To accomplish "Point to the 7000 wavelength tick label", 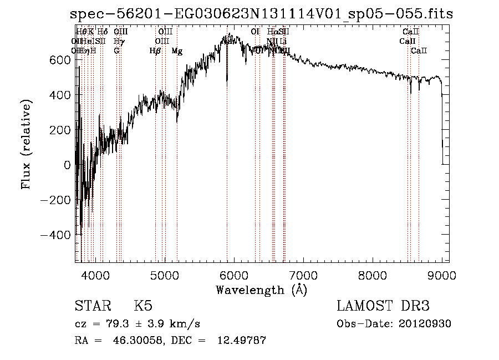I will click(303, 275).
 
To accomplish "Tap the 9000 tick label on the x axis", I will click(442, 275).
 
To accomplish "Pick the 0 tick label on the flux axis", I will click(67, 165).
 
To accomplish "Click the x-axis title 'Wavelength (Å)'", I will click(261, 290).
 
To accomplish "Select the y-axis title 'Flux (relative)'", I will click(26, 145).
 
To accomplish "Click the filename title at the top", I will click(262, 14).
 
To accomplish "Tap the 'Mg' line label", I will click(177, 51).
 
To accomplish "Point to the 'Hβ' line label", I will click(155, 51).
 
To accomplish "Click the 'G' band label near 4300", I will click(116, 51).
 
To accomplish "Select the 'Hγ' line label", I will click(118, 41).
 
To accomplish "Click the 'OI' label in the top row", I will click(255, 32).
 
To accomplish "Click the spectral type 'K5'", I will click(143, 306).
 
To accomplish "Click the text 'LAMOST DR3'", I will click(383, 306).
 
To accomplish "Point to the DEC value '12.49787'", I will click(243, 341).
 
